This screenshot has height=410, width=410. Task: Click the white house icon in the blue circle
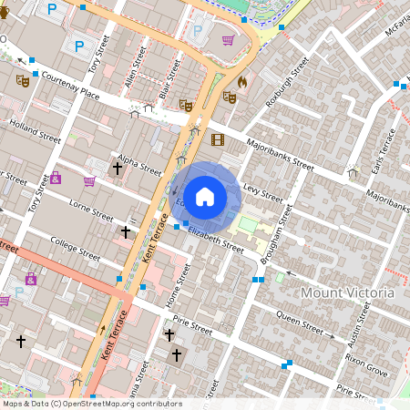point(205,196)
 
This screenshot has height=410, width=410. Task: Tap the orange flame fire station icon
point(241,82)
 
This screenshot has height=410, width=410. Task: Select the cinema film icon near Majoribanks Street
point(217,139)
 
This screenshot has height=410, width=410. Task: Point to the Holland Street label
point(35,130)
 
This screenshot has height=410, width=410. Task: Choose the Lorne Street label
point(91,210)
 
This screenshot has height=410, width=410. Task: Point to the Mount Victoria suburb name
point(347,292)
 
